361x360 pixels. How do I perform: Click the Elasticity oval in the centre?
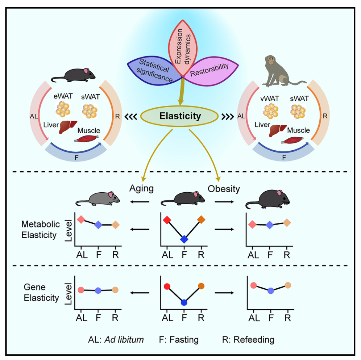(180, 117)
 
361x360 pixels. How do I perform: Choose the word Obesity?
(223, 188)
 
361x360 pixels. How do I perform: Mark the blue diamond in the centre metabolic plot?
(184, 239)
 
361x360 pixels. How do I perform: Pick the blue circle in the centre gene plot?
(184, 303)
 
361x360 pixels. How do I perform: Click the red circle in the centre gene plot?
(167, 286)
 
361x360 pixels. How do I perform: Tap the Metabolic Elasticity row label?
(39, 230)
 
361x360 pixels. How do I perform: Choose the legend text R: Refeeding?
(248, 340)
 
